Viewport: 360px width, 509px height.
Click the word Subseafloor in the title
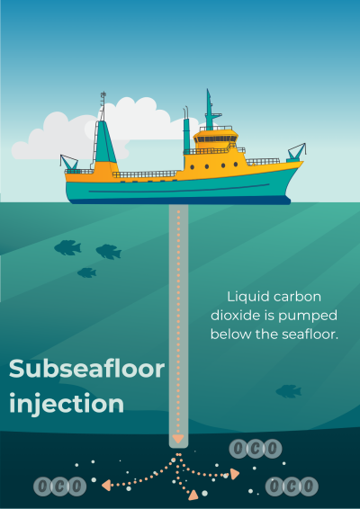pyautogui.click(x=86, y=369)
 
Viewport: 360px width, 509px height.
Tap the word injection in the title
pyautogui.click(x=67, y=405)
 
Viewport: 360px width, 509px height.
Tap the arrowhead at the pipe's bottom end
pyautogui.click(x=178, y=439)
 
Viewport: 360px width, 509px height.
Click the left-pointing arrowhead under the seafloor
pyautogui.click(x=106, y=485)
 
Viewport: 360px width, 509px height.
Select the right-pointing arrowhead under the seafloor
pyautogui.click(x=235, y=474)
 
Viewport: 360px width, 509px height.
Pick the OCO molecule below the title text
pyautogui.click(x=59, y=487)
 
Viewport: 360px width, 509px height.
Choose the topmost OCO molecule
pyautogui.click(x=256, y=449)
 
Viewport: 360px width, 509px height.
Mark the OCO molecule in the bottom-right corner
pyautogui.click(x=292, y=487)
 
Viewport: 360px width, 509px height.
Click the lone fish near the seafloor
pyautogui.click(x=289, y=391)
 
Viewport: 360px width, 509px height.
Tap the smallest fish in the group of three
pyautogui.click(x=86, y=272)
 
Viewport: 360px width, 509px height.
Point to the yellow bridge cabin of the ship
pyautogui.click(x=215, y=138)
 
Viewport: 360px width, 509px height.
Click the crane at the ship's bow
pyautogui.click(x=297, y=153)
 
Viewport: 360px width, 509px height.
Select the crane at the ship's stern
pyautogui.click(x=69, y=162)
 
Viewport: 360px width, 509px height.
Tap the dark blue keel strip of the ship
pyautogui.click(x=180, y=201)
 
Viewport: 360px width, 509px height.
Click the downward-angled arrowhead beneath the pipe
pyautogui.click(x=193, y=495)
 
